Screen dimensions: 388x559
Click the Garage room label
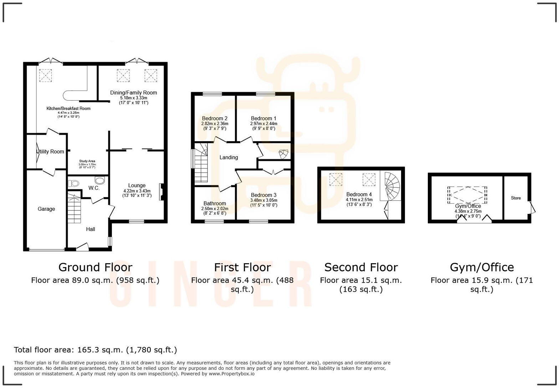[46, 209]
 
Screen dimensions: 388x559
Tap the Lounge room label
[137, 185]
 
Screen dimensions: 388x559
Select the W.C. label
[94, 188]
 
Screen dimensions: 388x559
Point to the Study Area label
[87, 161]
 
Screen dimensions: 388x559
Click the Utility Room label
[51, 152]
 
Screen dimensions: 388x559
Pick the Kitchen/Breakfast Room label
[68, 108]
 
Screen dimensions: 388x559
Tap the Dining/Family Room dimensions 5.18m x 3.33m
[133, 98]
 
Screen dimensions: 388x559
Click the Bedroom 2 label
[215, 118]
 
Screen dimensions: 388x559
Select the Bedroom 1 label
[263, 118]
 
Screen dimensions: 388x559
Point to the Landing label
[229, 157]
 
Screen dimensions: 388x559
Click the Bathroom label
[215, 204]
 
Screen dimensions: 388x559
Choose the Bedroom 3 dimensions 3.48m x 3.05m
[263, 200]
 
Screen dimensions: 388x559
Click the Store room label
[516, 198]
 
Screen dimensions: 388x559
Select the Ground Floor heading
[95, 267]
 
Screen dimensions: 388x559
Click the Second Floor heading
[361, 267]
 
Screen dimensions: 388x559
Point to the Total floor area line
[95, 350]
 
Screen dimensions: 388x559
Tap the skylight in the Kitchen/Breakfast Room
[45, 75]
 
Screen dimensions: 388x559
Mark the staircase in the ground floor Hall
[75, 208]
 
